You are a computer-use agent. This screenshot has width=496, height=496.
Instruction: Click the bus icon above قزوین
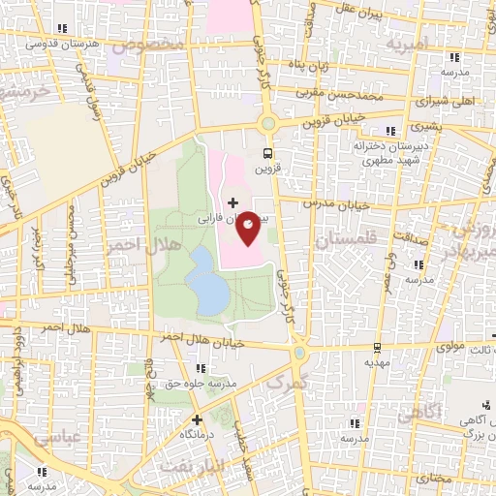[268, 153]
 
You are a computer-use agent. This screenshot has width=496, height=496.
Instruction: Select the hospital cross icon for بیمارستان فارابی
[232, 202]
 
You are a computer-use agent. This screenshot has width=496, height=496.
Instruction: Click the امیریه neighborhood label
[406, 45]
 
